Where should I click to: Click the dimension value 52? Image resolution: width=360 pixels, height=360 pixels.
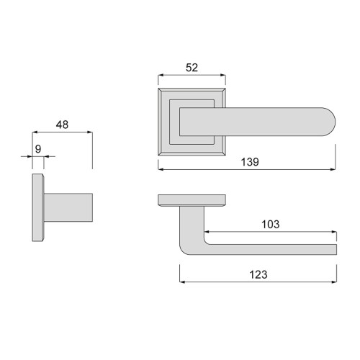coord(192,68)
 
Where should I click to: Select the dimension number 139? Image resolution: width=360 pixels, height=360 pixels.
coord(248,163)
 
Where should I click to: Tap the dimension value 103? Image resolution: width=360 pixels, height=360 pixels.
coord(271,225)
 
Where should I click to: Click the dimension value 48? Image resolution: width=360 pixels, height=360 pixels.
coord(62,125)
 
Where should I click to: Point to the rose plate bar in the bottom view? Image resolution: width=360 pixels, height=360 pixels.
coord(192,199)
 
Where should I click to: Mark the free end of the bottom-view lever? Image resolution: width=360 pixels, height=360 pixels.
coord(333,249)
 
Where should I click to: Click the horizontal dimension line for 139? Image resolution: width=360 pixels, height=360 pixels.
coord(247,170)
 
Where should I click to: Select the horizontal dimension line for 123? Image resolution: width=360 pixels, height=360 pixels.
coord(258,282)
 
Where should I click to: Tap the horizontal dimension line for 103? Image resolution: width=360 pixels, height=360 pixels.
coord(269,233)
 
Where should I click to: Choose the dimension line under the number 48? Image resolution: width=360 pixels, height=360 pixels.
coord(62,132)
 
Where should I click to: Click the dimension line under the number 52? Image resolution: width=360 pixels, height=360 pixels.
coord(192,76)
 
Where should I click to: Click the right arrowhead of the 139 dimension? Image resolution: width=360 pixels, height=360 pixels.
coord(334,170)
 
